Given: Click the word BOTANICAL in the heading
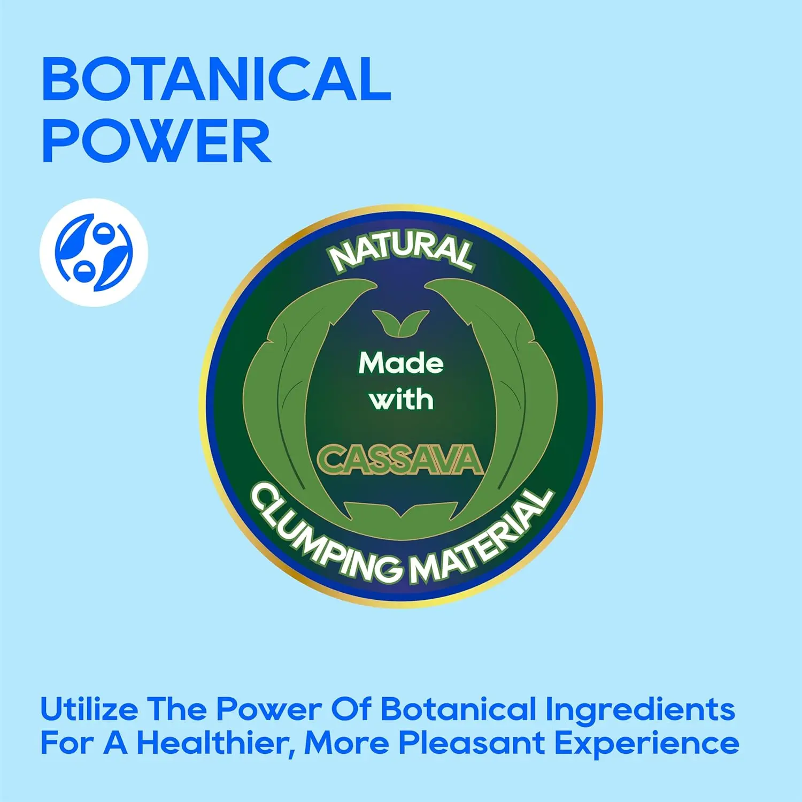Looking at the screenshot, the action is pyautogui.click(x=217, y=79).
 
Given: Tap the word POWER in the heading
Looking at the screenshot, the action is pyautogui.click(x=157, y=140).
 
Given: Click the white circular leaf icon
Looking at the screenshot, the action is pyautogui.click(x=94, y=253).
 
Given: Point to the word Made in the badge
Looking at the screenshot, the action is pyautogui.click(x=401, y=364).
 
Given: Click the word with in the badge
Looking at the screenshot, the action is pyautogui.click(x=401, y=400).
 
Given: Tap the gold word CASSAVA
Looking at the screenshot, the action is pyautogui.click(x=400, y=460).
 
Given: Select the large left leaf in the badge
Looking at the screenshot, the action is pyautogui.click(x=299, y=396).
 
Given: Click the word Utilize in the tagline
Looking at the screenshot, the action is pyautogui.click(x=89, y=709).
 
